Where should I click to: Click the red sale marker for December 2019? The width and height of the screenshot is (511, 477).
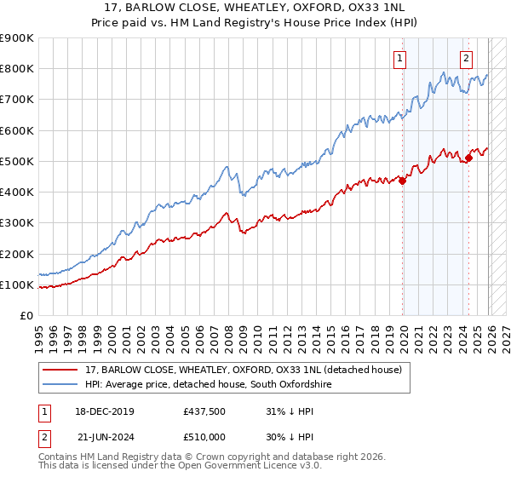(x=403, y=180)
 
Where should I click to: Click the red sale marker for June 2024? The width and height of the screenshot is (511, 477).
(x=468, y=158)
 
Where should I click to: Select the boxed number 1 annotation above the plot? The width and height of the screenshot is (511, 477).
(x=399, y=59)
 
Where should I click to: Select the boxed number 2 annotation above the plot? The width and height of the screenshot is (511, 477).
(x=467, y=59)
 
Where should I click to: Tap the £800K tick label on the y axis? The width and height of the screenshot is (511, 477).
(x=17, y=69)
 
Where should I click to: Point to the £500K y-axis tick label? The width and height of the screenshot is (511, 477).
(x=17, y=161)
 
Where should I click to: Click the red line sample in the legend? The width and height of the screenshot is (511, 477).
(x=60, y=369)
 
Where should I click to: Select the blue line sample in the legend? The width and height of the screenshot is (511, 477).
(x=60, y=385)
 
